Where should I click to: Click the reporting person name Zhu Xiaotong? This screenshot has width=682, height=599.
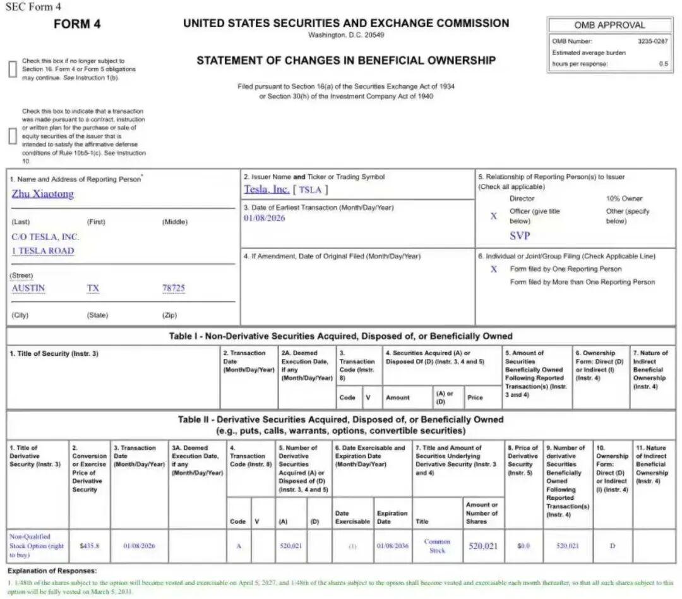(x=42, y=194)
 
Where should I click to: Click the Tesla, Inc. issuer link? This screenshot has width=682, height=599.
(x=266, y=189)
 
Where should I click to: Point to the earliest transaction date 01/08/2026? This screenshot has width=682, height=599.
(x=264, y=218)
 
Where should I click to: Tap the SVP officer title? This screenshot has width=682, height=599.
(x=520, y=236)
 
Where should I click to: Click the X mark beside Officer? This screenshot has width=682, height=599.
(x=494, y=216)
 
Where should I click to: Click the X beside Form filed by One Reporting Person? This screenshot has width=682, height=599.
(x=494, y=269)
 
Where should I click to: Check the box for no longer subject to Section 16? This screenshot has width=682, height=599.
(x=12, y=70)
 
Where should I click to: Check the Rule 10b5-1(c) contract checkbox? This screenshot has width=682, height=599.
(x=12, y=136)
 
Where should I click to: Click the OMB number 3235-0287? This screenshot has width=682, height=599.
(x=652, y=41)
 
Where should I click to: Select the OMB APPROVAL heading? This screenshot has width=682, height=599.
(x=609, y=25)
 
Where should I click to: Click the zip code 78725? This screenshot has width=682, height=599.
(x=174, y=288)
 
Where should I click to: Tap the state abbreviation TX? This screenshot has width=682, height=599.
(x=93, y=288)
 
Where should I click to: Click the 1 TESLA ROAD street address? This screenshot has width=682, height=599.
(x=42, y=251)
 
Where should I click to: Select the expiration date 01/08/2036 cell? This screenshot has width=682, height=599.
(x=392, y=545)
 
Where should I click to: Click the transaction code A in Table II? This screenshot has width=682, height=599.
(x=239, y=545)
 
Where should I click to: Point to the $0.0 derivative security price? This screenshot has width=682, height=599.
(x=523, y=545)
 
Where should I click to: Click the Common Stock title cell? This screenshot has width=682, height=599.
(x=437, y=546)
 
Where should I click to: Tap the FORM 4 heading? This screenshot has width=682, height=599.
(x=77, y=25)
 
